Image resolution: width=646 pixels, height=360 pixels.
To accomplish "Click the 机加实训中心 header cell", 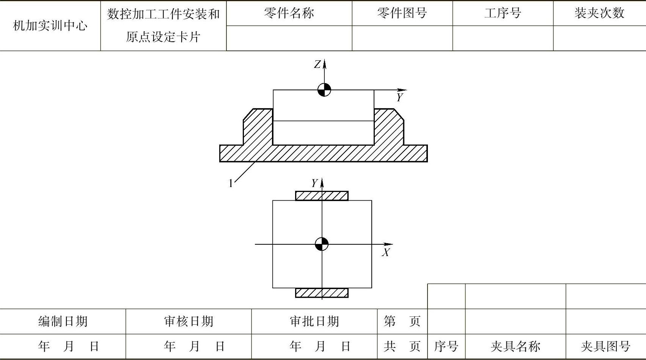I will coord(50,26).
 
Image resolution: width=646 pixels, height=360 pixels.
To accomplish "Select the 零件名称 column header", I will coord(289,13).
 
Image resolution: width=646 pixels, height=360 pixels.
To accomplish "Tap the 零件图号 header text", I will coord(402,13).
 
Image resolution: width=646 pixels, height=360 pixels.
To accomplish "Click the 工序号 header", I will coord(503,13).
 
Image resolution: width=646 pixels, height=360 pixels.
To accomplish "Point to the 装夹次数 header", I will coord(599,13).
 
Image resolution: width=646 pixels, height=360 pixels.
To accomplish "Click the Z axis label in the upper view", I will coord(317,64).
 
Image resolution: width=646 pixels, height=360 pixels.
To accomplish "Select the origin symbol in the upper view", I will coord(324,90).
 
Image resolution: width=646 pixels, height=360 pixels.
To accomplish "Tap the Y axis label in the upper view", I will coord(399,97).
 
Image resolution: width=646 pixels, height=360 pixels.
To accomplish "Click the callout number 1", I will coord(231,184).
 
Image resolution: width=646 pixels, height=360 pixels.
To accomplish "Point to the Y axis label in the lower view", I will coord(314,184).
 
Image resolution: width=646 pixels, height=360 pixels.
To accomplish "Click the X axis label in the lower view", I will coord(386,253).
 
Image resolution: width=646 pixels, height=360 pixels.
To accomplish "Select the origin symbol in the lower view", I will coord(322,244).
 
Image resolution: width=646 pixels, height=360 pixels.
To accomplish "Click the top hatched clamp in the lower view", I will coord(322,196).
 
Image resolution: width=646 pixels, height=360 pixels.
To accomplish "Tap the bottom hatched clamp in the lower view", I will coord(322,293).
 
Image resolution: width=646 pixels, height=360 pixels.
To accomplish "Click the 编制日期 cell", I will coord(63,322).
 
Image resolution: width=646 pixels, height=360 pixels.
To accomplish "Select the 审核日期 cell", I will coord(189,322).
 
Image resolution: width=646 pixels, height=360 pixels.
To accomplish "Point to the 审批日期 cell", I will coord(314,322).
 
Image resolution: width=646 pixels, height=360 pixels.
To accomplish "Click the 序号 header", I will coord(446,346).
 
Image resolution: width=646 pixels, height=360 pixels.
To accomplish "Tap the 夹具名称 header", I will coord(515,346).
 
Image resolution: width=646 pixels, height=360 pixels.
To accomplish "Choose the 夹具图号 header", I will coord(605,346).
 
